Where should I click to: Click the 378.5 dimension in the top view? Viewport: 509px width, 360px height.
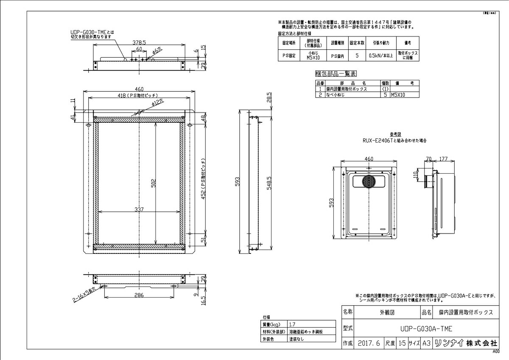pyautogui.click(x=139, y=42)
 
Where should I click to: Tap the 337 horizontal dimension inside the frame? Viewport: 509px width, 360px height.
pyautogui.click(x=139, y=209)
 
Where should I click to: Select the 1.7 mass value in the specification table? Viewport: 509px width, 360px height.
pyautogui.click(x=292, y=324)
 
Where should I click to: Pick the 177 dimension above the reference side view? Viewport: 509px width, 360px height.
pyautogui.click(x=444, y=159)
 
